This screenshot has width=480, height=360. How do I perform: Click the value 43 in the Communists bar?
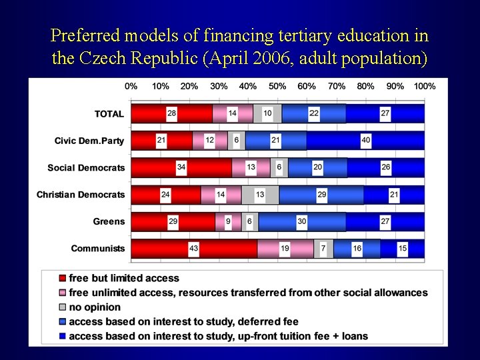194,249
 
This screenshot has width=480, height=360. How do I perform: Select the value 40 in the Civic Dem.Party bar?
365,141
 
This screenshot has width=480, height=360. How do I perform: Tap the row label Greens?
109,221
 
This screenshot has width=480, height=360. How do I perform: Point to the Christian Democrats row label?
81,195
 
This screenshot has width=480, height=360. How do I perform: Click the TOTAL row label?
109,114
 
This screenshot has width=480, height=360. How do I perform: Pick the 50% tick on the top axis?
277,86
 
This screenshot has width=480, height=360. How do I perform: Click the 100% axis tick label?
424,86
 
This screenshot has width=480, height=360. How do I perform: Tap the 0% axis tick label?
131,86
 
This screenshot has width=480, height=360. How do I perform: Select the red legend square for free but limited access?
63,279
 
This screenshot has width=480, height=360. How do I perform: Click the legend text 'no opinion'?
95,307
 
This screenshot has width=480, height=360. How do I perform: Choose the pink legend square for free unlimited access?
63,293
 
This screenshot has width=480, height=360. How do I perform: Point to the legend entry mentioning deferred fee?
183,322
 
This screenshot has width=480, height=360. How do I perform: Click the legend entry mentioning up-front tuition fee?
218,336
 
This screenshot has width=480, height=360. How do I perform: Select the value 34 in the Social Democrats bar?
181,167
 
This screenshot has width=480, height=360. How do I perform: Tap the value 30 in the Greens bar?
302,221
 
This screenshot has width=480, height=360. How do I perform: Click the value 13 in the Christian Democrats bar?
260,195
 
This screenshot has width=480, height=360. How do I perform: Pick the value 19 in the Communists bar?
285,249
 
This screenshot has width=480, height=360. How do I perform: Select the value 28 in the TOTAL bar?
172,114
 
